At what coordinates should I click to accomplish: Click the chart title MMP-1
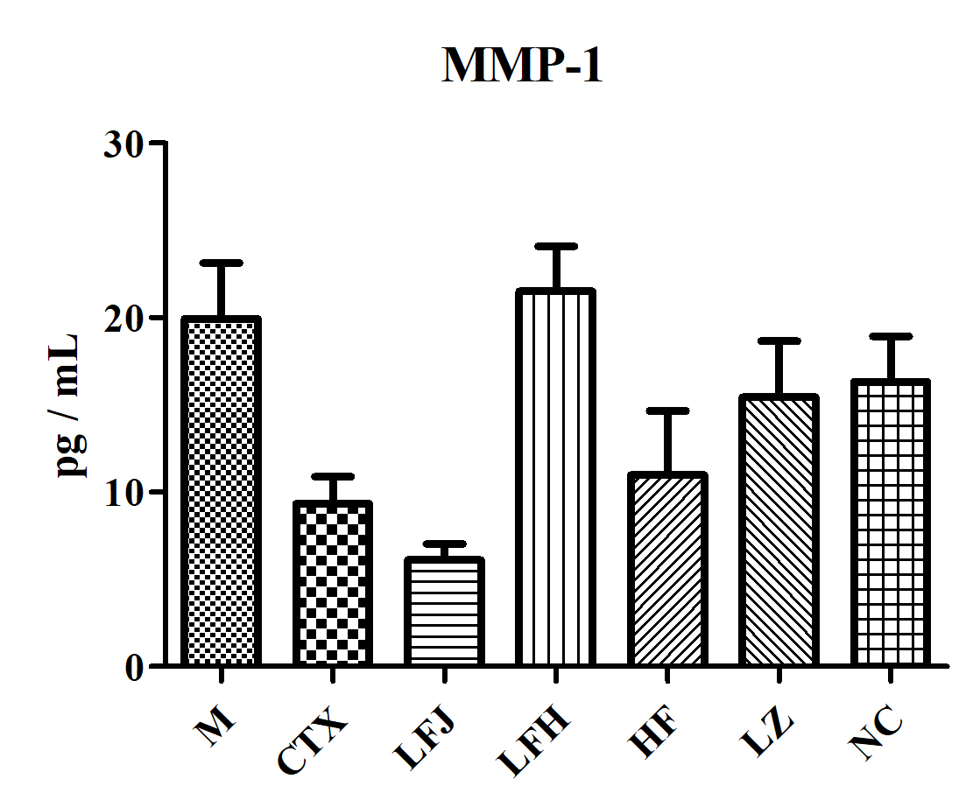522,66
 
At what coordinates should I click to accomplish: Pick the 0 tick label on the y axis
133,667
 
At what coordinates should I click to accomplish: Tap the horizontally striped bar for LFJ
444,612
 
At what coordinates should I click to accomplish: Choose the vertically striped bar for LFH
555,477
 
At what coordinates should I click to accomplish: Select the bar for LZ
778,530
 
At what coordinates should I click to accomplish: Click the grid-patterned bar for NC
889,523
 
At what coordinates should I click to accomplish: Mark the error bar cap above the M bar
222,263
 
